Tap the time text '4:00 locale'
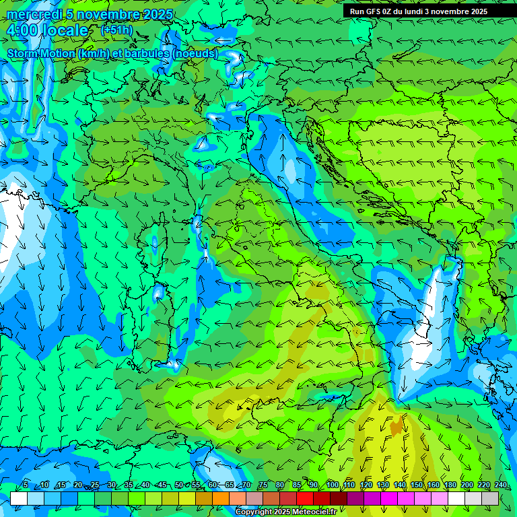click(48, 30)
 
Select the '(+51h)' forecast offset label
click(116, 30)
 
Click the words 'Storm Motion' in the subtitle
click(41, 53)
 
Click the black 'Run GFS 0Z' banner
click(424, 11)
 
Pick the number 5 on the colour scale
click(26, 485)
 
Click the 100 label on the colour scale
click(333, 485)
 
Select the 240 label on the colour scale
click(501, 485)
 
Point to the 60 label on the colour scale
click(213, 485)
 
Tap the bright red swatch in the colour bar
click(305, 498)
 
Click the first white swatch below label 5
click(19, 498)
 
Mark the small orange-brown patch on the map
click(397, 425)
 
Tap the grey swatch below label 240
click(490, 498)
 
